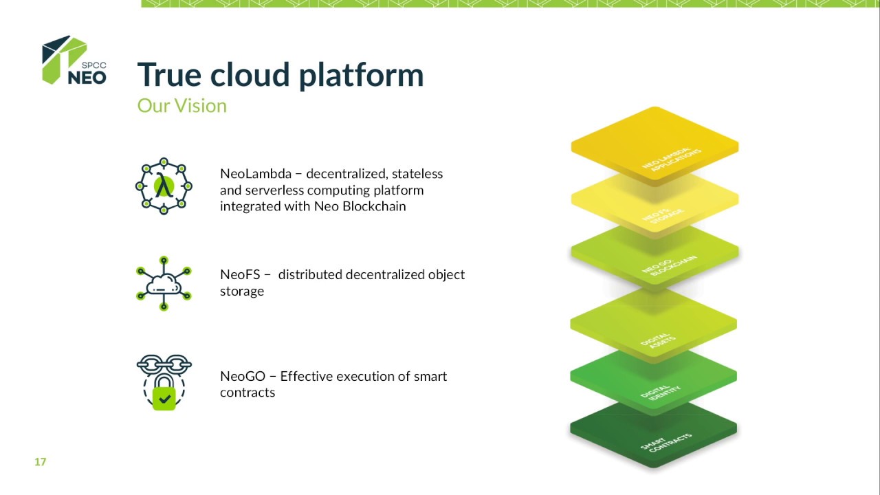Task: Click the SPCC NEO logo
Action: (x=74, y=60)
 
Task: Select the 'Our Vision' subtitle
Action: (x=181, y=106)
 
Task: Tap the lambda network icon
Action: (x=164, y=186)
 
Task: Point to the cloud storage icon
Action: (x=164, y=283)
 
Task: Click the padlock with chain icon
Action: (x=164, y=384)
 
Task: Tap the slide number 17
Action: (x=40, y=462)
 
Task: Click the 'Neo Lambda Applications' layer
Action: (x=654, y=146)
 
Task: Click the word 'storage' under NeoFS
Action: (x=242, y=291)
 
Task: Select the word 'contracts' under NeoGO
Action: (x=247, y=393)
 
